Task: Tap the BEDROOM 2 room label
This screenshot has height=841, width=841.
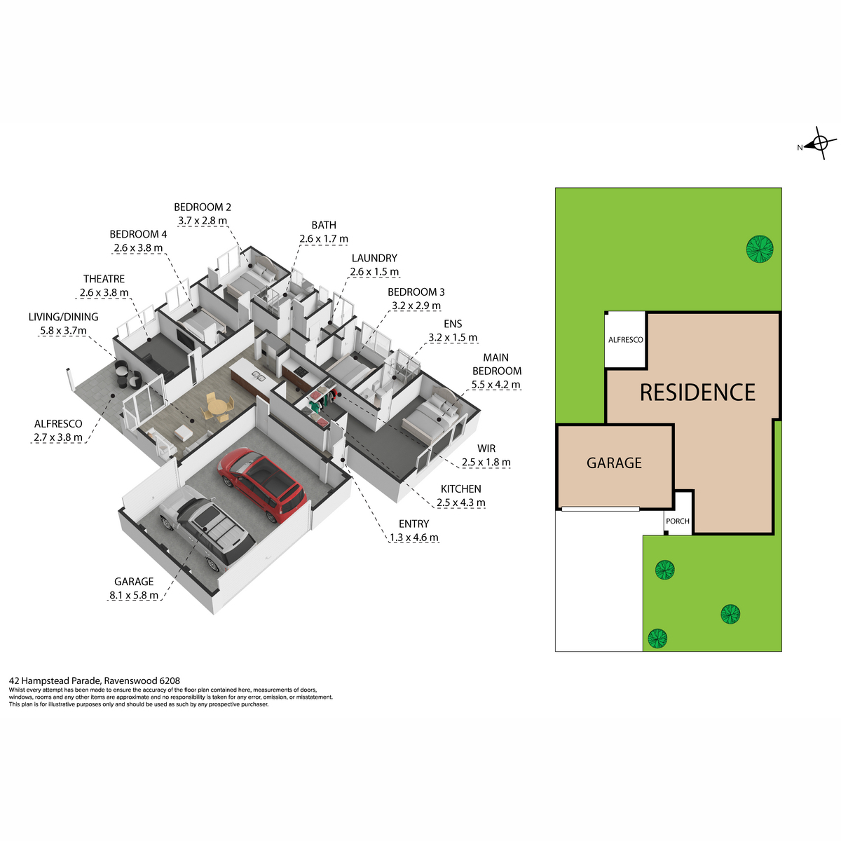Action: click(x=203, y=207)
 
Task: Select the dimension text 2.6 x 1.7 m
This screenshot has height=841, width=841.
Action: click(x=323, y=239)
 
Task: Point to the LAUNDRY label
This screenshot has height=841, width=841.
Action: click(x=374, y=258)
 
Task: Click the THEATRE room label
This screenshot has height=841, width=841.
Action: click(x=104, y=279)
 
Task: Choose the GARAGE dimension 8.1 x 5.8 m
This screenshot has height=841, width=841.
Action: click(x=134, y=595)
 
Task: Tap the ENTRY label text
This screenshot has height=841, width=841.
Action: click(x=413, y=524)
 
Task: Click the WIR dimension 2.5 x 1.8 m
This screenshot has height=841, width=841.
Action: click(x=486, y=462)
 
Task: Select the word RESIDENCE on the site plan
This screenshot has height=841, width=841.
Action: click(x=697, y=392)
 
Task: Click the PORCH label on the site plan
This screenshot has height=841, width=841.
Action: click(x=677, y=521)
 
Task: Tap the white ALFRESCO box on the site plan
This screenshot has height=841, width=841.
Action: click(x=625, y=339)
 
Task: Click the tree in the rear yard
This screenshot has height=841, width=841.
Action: click(x=760, y=249)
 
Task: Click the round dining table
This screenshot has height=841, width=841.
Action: click(x=217, y=408)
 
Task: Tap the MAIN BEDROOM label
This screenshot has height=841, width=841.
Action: click(x=497, y=364)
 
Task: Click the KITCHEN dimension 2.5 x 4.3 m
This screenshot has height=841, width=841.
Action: click(x=461, y=502)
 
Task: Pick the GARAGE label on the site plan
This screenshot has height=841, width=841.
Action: click(x=614, y=463)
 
